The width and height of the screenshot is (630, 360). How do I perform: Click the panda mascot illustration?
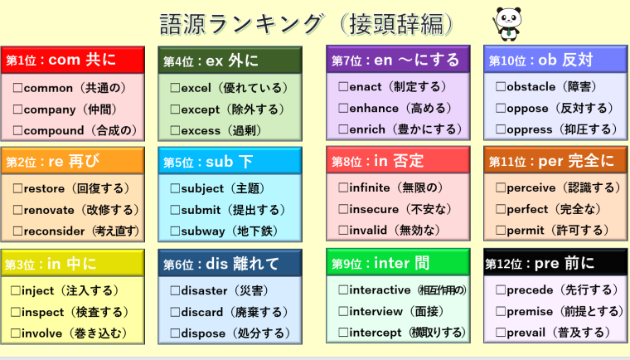point(507,24)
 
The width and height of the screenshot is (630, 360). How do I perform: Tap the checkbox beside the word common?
point(17,88)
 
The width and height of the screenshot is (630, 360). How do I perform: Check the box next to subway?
point(175,231)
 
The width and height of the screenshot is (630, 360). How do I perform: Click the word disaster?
point(204,291)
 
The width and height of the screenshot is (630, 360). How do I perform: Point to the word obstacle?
point(532,87)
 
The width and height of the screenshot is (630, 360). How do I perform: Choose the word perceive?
point(532,187)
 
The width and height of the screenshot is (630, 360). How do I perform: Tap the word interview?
point(376,311)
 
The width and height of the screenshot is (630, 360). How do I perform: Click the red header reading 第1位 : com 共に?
point(73,60)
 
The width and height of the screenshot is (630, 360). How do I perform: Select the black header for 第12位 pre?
point(555,263)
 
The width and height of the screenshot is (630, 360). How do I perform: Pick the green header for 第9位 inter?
point(398,263)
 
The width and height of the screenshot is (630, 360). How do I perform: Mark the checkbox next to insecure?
point(343,209)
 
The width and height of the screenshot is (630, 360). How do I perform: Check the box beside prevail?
point(500,333)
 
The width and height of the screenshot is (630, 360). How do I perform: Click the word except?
point(201,109)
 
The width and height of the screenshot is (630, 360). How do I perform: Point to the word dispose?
point(203,333)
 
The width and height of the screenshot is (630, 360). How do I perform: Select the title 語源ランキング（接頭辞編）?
point(307,24)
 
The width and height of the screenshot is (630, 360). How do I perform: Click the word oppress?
point(530,129)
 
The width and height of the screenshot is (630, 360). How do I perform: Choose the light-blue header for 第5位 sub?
point(230,161)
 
